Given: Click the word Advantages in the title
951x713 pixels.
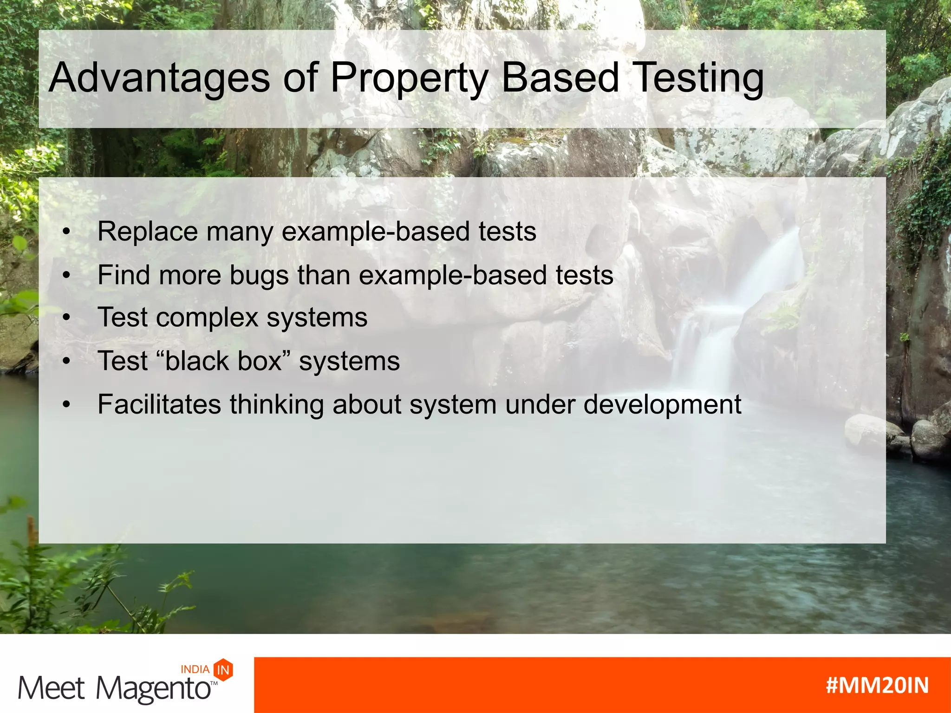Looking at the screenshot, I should tap(159, 78).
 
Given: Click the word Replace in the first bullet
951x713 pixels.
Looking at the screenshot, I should tap(148, 231).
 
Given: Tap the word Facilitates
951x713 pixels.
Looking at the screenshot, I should tap(159, 404).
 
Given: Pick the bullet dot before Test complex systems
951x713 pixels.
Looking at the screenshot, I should tap(67, 318).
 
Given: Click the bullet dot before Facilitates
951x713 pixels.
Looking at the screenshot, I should tap(67, 404).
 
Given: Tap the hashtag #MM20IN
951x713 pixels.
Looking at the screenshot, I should tap(877, 685).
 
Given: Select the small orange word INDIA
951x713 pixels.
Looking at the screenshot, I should tap(195, 669).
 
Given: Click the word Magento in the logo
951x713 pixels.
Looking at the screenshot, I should tap(153, 689).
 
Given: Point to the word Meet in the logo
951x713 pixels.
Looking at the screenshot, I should tap(51, 688).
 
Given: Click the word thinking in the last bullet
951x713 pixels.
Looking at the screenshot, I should tap(276, 404).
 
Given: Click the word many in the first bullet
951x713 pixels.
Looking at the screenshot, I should tap(240, 232).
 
